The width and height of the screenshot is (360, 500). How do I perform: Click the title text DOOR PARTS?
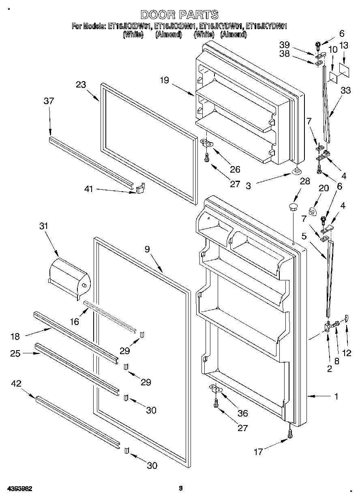pyautogui.click(x=180, y=15)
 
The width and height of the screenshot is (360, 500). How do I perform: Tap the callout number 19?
pyautogui.click(x=164, y=80)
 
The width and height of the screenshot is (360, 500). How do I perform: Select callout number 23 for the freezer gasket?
pyautogui.click(x=81, y=85)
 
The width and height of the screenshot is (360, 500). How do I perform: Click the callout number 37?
pyautogui.click(x=49, y=101)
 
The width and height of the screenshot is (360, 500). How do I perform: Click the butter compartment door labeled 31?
pyautogui.click(x=68, y=277)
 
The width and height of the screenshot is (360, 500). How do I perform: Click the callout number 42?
pyautogui.click(x=16, y=383)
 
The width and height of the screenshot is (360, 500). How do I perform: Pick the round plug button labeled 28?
pyautogui.click(x=293, y=208)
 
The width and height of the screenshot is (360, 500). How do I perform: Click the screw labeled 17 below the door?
pyautogui.click(x=290, y=434)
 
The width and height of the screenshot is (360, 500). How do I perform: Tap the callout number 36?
pyautogui.click(x=243, y=413)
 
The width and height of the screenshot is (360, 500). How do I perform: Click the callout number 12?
pyautogui.click(x=346, y=353)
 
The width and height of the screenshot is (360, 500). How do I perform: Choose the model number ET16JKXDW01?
pyautogui.click(x=126, y=26)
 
